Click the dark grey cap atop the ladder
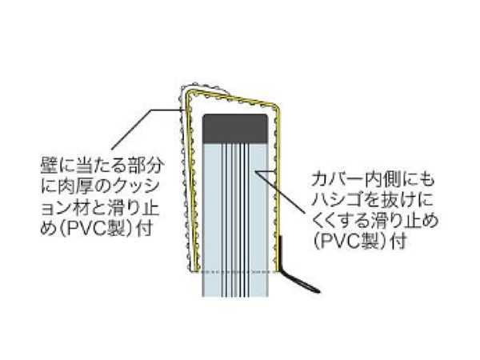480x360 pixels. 235,126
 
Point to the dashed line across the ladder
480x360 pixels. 235,272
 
